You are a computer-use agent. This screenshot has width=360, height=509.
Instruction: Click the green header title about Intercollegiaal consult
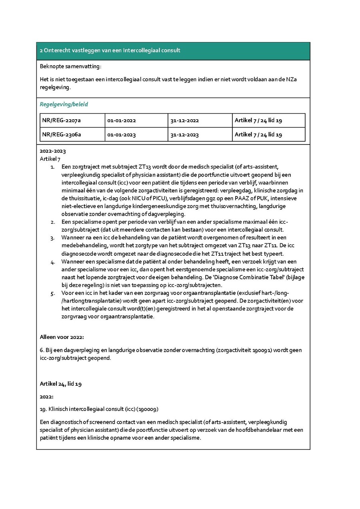(110, 50)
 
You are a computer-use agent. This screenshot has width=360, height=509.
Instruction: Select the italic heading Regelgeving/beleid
(64, 104)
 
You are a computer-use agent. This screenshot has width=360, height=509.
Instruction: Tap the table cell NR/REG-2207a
(61, 120)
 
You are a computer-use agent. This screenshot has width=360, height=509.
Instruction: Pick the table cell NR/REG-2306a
(61, 134)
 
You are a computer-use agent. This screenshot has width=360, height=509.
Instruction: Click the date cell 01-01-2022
(121, 120)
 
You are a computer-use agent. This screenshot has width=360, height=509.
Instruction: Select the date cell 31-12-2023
(184, 134)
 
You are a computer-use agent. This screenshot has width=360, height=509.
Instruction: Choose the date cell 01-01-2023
(121, 134)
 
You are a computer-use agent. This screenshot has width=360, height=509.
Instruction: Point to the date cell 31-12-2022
(184, 120)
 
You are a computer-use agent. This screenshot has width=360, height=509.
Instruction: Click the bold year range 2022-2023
(53, 151)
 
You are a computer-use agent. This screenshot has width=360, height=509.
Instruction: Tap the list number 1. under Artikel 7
(53, 166)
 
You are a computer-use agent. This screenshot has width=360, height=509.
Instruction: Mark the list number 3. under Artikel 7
(53, 238)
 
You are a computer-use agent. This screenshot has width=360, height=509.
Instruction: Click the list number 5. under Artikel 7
(53, 293)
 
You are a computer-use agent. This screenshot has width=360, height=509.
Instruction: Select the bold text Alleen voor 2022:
(62, 337)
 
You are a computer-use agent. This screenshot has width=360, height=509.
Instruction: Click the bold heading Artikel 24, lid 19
(61, 384)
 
